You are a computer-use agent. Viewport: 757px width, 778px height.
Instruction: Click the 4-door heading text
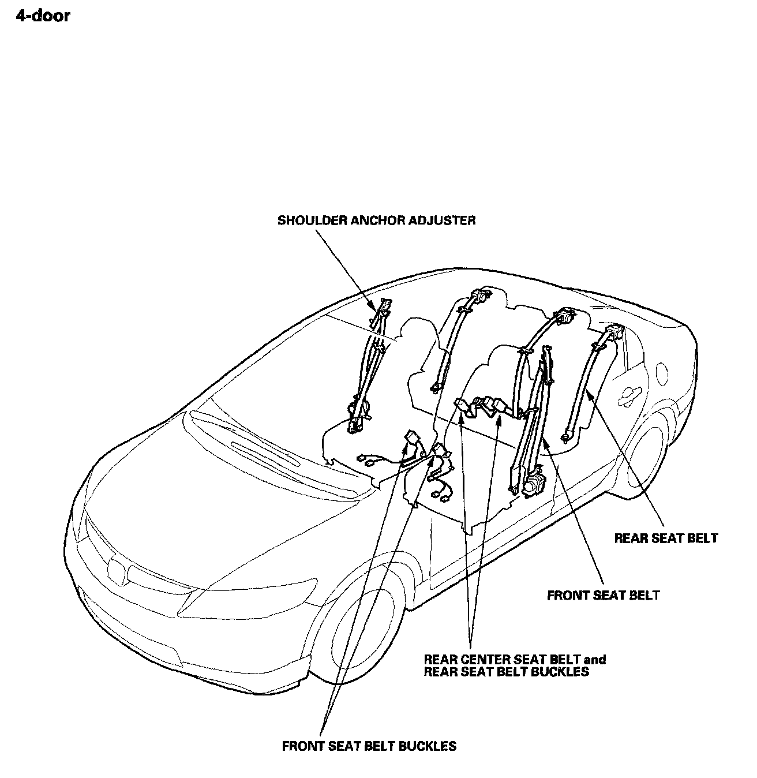point(43,16)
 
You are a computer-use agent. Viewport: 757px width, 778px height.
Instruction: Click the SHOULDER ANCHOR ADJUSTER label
point(376,220)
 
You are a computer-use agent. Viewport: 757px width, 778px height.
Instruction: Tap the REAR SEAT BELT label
point(666,538)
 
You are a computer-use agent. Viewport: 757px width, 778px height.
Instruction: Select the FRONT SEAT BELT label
point(603,595)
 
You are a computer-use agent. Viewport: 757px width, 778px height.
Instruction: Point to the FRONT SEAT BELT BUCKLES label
point(369,746)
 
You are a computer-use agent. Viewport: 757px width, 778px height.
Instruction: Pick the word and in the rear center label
point(595,659)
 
